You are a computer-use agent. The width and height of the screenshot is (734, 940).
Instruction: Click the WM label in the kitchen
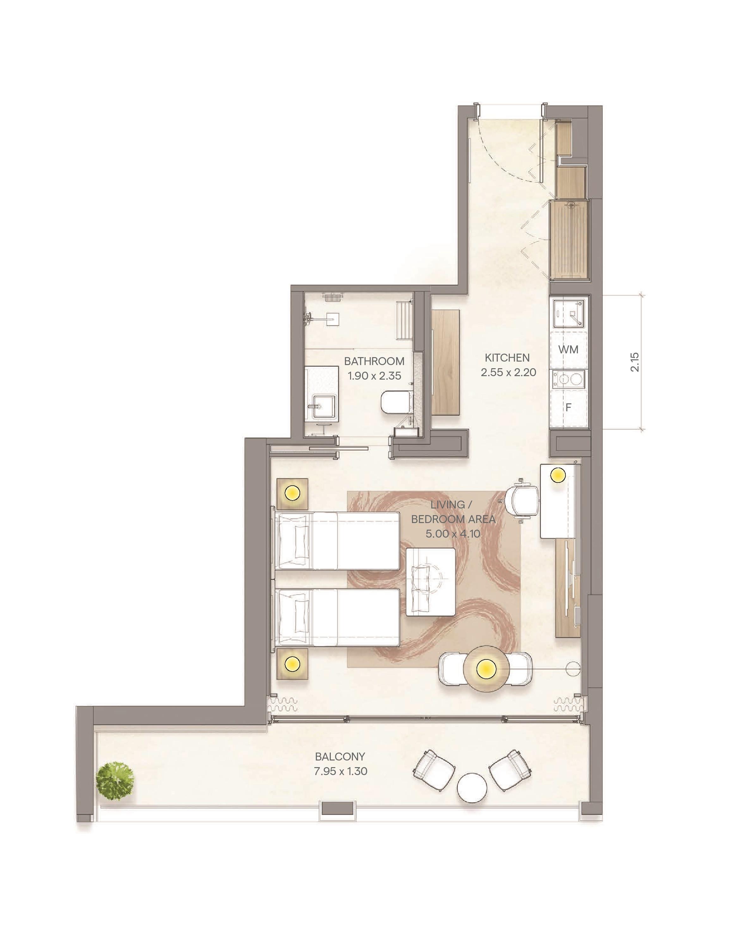point(569,350)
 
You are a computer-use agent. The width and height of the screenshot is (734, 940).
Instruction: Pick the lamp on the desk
point(558,476)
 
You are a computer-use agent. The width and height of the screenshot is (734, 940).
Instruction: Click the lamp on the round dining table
point(486,668)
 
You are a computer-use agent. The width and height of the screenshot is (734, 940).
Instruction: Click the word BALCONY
point(340,757)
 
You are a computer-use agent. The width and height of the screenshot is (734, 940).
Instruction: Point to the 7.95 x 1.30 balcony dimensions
point(341,771)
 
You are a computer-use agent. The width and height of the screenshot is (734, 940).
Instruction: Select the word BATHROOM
point(374,361)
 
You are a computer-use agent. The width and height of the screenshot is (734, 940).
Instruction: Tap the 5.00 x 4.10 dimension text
point(453,534)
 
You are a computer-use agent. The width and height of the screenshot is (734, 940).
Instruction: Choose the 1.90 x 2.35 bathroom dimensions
point(374,376)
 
